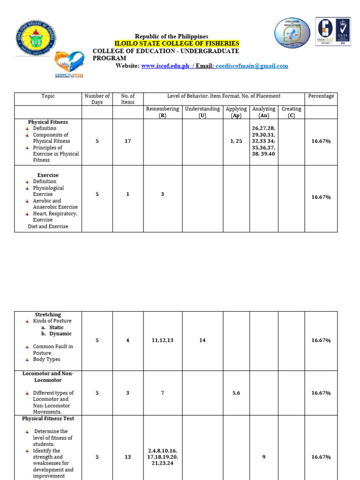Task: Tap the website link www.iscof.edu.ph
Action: (x=165, y=66)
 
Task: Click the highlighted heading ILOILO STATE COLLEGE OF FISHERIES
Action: (x=177, y=44)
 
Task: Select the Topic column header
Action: (x=48, y=96)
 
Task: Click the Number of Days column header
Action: (x=97, y=99)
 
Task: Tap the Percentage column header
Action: (x=321, y=96)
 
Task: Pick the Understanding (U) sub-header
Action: (x=202, y=112)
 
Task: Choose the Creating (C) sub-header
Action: (x=291, y=112)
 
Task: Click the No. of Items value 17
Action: (x=127, y=141)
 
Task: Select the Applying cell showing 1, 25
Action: (x=236, y=141)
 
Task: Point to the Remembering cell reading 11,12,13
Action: (x=162, y=340)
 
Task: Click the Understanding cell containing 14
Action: (x=202, y=340)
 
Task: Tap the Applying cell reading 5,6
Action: (x=236, y=393)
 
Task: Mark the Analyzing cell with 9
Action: (x=264, y=457)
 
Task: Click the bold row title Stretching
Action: (x=48, y=315)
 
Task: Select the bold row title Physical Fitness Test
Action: (x=48, y=419)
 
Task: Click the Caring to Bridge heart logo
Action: (x=69, y=64)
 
